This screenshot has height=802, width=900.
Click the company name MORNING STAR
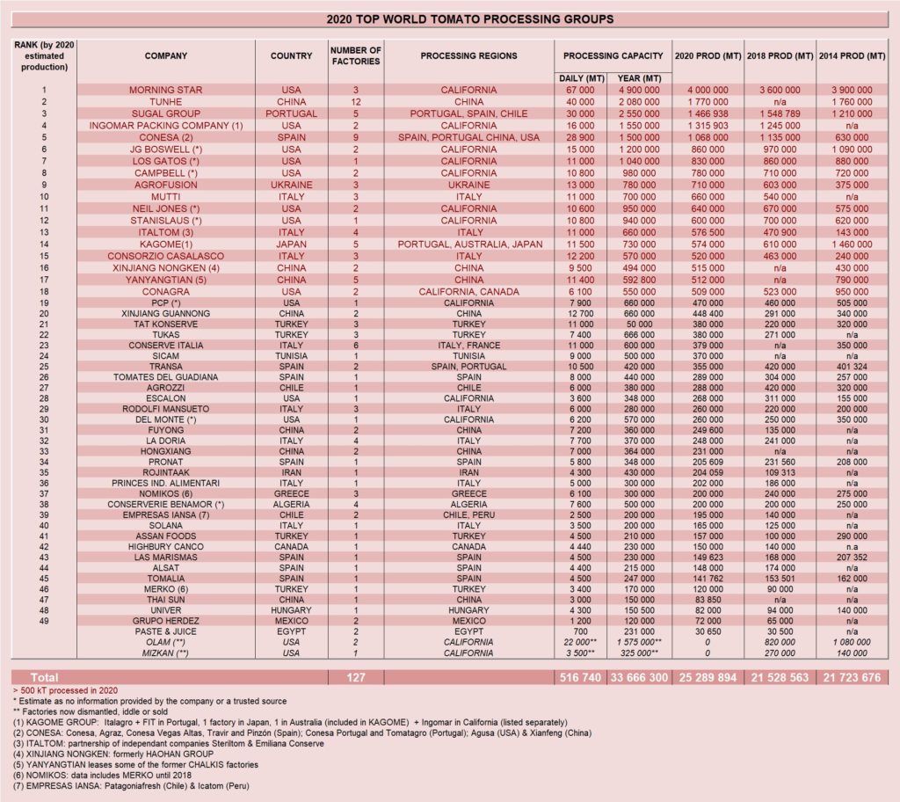coord(166,90)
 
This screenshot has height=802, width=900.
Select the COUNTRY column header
coord(291,56)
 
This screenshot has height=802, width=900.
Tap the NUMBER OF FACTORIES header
coord(355,56)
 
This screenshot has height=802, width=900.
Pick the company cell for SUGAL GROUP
coord(166,113)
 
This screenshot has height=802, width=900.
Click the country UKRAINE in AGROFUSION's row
coord(291,185)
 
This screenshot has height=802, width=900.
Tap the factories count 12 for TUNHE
coord(355,102)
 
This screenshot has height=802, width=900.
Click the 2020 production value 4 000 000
coord(707,90)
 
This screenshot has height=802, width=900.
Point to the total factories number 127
coord(355,677)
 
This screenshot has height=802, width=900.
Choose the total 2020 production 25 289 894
coord(707,677)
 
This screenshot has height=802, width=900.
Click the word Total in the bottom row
coord(46,677)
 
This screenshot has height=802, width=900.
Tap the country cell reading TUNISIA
coord(291,356)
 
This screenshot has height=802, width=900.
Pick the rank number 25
coord(43,368)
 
